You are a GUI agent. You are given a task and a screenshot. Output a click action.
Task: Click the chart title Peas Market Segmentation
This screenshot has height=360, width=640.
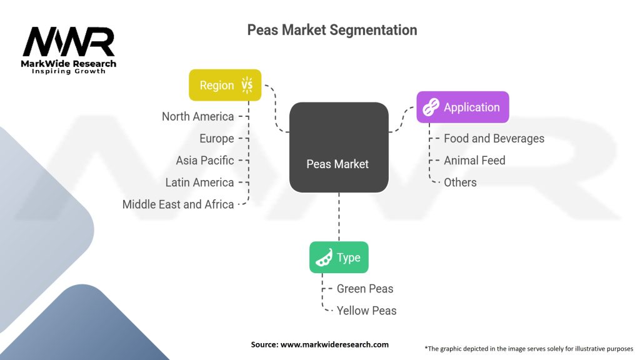tap(332, 29)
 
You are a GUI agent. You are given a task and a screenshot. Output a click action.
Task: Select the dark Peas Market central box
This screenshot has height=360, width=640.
tap(338, 147)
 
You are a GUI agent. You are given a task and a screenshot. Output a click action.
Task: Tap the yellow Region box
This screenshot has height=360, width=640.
tap(225, 85)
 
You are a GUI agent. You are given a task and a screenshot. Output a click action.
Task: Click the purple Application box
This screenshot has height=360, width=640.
tap(462, 107)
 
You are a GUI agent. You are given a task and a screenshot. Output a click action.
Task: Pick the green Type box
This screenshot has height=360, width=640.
tap(339, 257)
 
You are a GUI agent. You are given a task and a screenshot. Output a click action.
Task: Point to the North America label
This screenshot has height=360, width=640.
tap(197, 116)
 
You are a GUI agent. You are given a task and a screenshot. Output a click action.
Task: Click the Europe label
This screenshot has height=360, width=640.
tap(216, 138)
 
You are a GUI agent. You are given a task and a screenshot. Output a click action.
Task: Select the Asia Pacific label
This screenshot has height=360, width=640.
tap(204, 160)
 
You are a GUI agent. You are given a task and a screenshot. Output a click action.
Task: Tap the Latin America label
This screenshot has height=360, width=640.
tap(199, 182)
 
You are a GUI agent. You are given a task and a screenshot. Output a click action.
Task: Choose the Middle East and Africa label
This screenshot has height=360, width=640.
tap(177, 204)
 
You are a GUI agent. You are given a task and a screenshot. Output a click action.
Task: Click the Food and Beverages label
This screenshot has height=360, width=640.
tap(494, 138)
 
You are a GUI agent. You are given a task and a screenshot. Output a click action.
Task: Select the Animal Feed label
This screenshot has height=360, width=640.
tap(474, 160)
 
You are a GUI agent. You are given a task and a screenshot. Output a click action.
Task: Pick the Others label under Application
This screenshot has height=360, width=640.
tap(460, 182)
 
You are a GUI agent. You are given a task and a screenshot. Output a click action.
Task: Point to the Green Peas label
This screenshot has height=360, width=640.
tap(365, 288)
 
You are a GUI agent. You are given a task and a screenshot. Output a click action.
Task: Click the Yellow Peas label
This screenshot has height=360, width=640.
tap(366, 310)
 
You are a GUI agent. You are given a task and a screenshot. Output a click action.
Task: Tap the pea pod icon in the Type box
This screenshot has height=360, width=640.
tap(324, 257)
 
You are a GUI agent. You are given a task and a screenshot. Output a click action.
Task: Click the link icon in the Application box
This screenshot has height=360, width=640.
tap(431, 107)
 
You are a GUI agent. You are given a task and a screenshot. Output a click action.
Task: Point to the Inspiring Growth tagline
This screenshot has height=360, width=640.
tap(69, 71)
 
